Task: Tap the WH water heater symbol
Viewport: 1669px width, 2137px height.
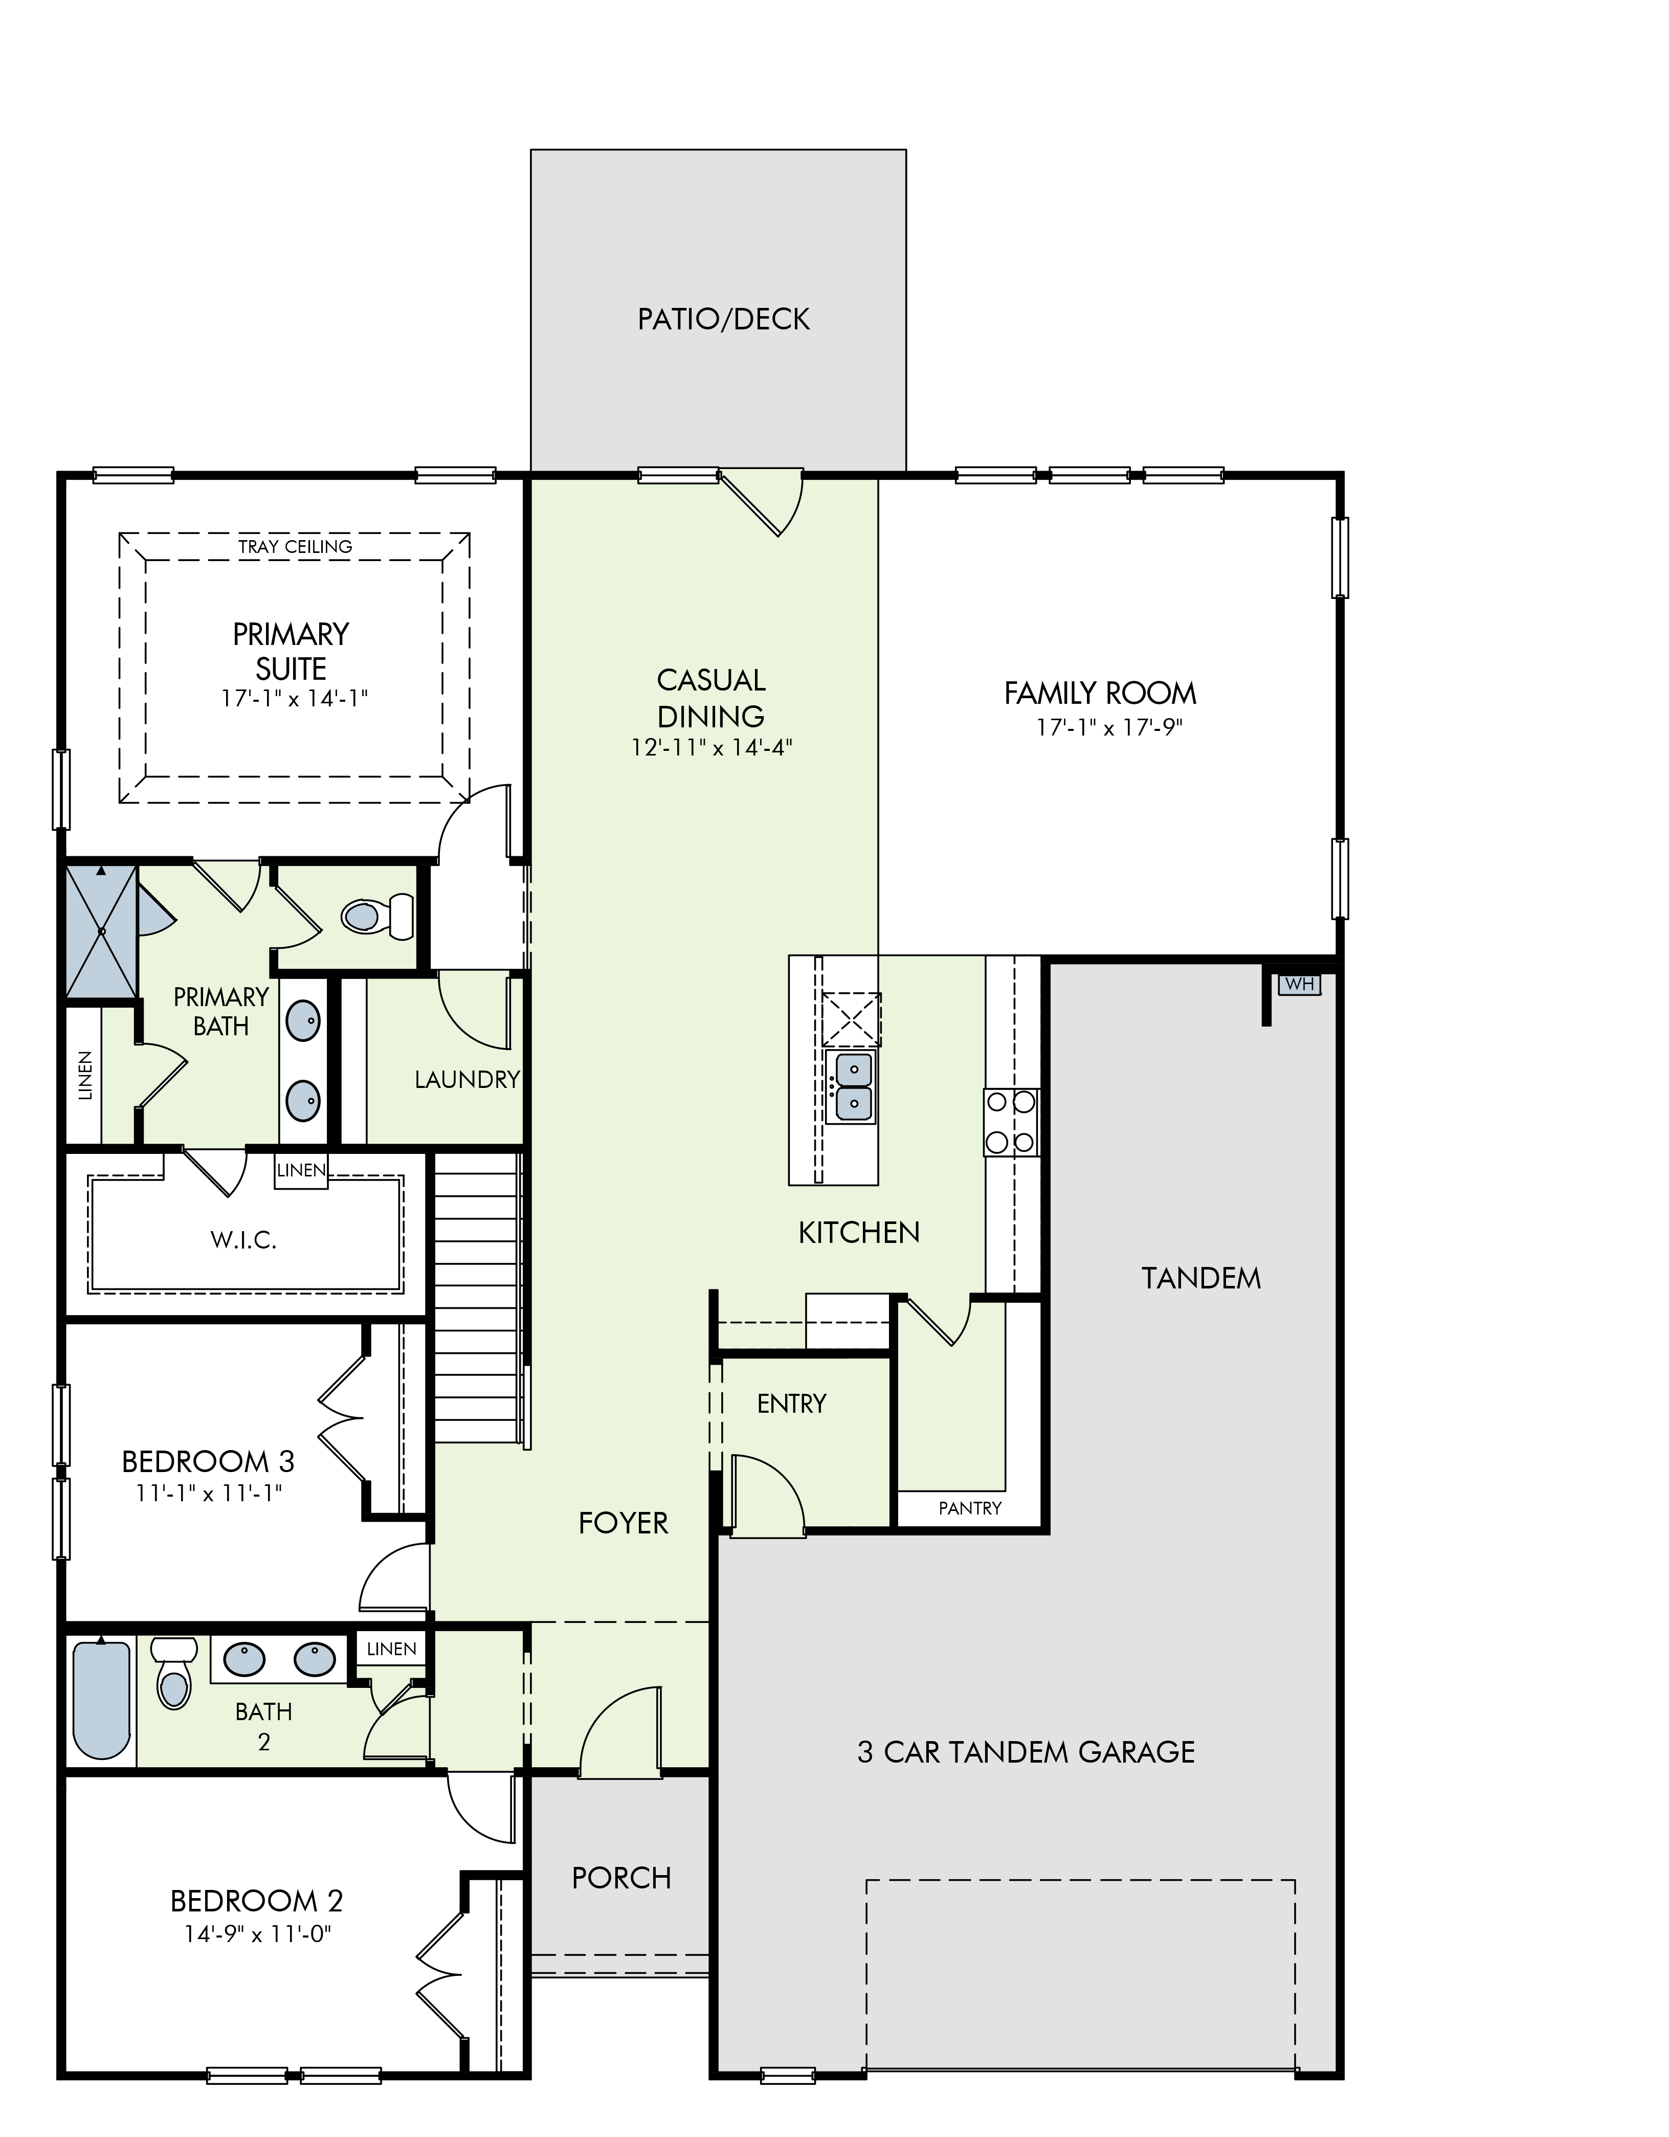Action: tap(1299, 984)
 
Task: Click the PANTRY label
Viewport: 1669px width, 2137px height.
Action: tap(969, 1508)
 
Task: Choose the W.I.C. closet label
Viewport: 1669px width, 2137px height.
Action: tap(243, 1241)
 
